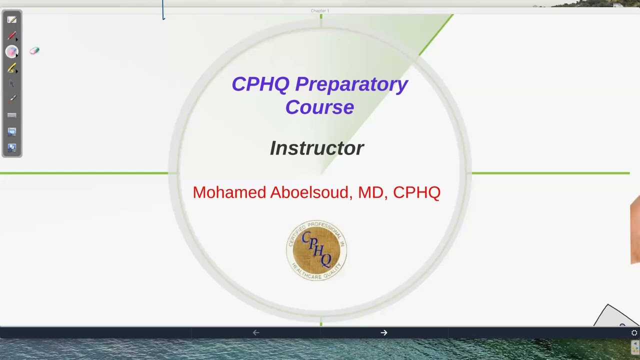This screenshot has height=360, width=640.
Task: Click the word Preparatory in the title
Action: [351, 84]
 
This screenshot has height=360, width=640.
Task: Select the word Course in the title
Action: [319, 107]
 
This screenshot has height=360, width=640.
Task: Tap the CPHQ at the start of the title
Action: [260, 84]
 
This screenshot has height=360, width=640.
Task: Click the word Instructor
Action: [317, 148]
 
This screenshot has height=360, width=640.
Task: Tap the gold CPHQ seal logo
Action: [316, 250]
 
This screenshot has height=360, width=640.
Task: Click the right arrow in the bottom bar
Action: [384, 332]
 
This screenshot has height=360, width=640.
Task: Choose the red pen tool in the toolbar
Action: [12, 36]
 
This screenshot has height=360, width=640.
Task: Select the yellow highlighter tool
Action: [12, 68]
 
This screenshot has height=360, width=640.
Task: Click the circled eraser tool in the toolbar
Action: [12, 51]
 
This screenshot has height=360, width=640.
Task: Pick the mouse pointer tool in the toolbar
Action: [12, 83]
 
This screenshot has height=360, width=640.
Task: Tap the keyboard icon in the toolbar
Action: [12, 115]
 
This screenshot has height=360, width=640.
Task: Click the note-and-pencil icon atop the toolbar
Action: [12, 20]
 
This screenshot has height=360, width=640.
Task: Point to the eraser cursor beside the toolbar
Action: [34, 50]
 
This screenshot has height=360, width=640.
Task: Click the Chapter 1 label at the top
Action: [320, 10]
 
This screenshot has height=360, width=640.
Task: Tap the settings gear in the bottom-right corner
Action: [634, 332]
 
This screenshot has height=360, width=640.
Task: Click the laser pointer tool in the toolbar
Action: [12, 99]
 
